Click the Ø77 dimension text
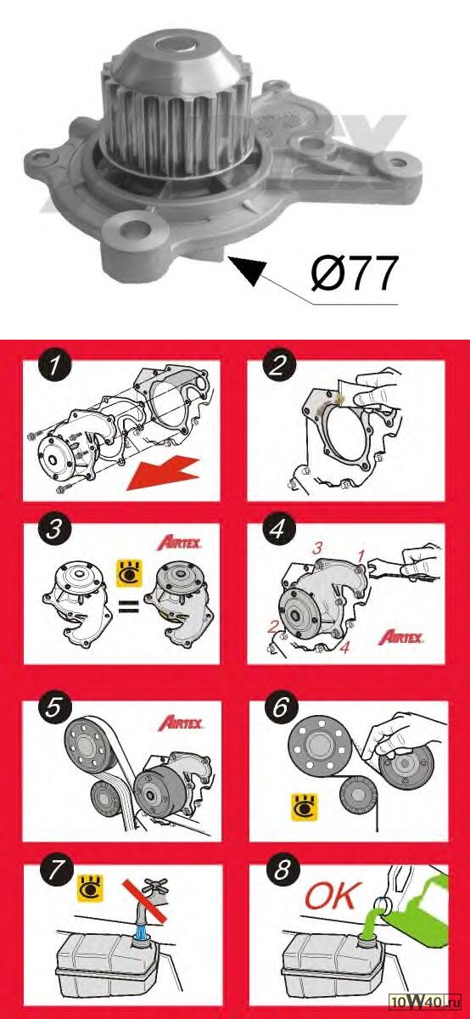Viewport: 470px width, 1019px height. click(x=355, y=273)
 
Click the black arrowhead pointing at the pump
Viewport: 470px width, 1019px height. click(x=247, y=270)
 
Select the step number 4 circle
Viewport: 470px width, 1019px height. click(x=278, y=528)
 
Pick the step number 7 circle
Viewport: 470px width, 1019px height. click(x=55, y=870)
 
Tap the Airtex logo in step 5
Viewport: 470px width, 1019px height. click(x=181, y=723)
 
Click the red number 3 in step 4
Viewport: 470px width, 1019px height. click(x=316, y=549)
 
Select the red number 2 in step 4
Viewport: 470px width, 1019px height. click(x=272, y=628)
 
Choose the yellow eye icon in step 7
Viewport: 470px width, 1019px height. click(x=91, y=887)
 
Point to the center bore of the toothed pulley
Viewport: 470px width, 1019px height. click(x=177, y=47)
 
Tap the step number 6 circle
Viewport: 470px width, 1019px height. click(x=281, y=706)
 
